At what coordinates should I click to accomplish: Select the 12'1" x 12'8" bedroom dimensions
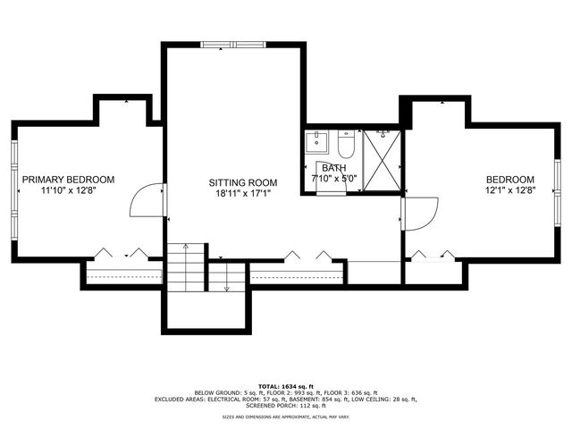point(509,190)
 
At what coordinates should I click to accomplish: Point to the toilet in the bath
point(347,144)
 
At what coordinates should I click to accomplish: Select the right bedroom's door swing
point(420,214)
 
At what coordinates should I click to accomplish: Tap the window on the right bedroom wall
point(557,190)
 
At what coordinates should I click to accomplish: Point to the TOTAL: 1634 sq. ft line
point(285,385)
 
